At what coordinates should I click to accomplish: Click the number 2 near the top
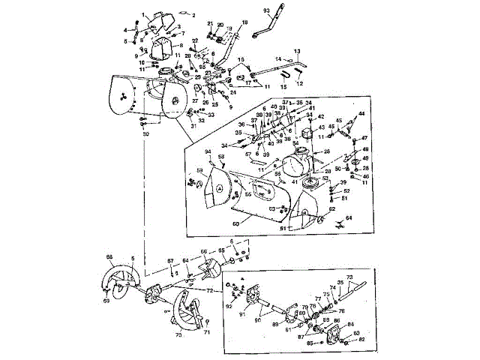pos(192,14)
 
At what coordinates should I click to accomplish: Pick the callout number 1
pos(143,14)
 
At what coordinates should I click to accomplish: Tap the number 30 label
pos(146,133)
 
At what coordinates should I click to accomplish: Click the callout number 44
pos(361,114)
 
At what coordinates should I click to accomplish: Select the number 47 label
pos(365,139)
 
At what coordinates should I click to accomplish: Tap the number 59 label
pos(200,171)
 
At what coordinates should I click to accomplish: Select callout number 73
pos(349,277)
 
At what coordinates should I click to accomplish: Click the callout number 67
pos(170,261)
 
